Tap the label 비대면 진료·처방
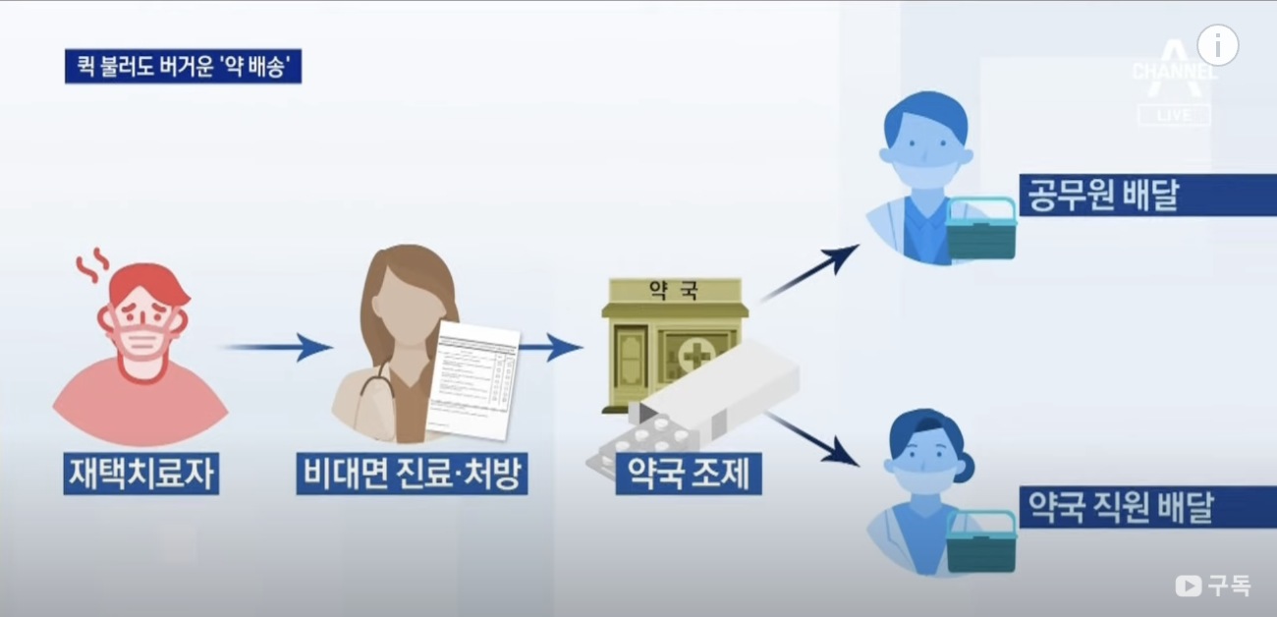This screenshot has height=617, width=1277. coord(412,475)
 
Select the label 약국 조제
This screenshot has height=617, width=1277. coord(687,475)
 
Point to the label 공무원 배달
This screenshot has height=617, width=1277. coord(1100,196)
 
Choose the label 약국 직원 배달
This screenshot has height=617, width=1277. coord(1120,507)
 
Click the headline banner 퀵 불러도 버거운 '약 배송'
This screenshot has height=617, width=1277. coord(183,67)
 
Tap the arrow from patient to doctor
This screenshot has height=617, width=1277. coord(279,347)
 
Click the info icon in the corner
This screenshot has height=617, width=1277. coord(1218,45)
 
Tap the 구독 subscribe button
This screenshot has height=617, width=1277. coord(1214,586)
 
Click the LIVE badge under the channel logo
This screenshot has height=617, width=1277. coord(1174,115)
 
